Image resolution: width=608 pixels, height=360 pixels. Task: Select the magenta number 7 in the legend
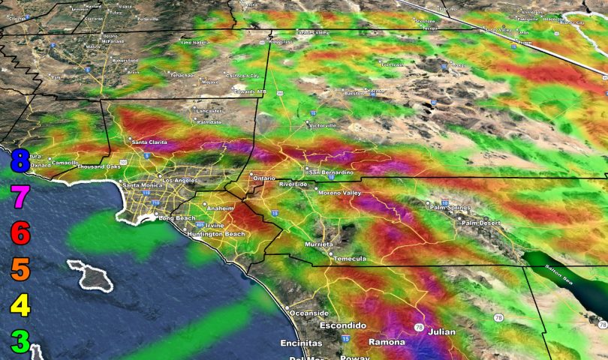[20, 198]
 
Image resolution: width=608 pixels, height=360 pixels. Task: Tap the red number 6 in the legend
[20, 234]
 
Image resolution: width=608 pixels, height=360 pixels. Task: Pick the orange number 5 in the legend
[20, 269]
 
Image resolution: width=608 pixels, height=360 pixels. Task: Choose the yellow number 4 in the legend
[20, 306]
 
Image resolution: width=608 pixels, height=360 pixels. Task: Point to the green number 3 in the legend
[20, 341]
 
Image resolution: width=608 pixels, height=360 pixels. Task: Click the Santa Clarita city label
[150, 142]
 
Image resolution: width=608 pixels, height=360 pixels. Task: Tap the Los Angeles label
[180, 181]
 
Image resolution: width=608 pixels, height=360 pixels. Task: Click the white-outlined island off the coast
[92, 275]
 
